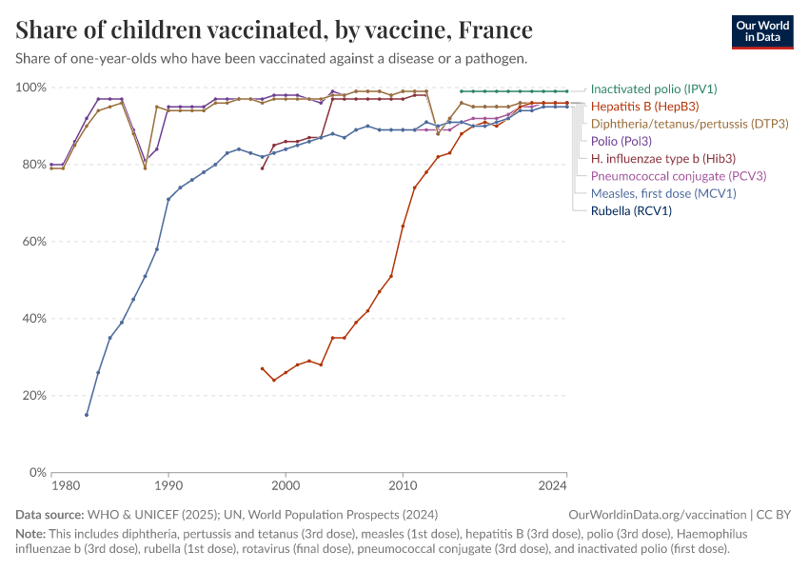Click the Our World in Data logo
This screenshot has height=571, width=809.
762,32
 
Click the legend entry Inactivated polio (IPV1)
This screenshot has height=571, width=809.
654,89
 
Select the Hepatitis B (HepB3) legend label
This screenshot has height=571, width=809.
644,107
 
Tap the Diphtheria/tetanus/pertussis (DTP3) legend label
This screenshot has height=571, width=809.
689,124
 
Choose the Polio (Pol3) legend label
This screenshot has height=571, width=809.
622,142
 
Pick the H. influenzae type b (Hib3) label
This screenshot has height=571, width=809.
663,159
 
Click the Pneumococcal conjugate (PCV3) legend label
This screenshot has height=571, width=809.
679,176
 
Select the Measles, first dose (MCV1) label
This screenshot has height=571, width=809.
663,193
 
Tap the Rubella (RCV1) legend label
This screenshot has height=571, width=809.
631,210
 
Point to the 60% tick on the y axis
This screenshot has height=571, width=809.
33,242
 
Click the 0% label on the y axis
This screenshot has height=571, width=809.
38,472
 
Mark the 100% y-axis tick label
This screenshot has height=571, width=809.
30,88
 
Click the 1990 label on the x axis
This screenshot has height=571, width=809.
168,486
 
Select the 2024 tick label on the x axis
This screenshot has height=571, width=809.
553,486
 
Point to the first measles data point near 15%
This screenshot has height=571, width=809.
87,415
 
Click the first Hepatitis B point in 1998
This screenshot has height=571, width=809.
262,369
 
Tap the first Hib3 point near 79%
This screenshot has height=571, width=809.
262,168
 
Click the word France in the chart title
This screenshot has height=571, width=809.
495,30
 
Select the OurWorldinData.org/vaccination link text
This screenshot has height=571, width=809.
658,515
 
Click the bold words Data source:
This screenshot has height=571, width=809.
49,515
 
